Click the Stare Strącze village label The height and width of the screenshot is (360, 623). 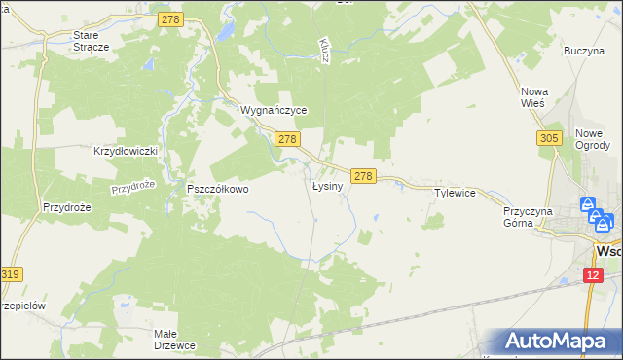tap(92, 40)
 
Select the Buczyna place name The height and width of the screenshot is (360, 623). tap(585, 50)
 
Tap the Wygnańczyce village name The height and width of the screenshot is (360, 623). tap(275, 111)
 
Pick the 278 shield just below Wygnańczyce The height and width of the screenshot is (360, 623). tap(287, 141)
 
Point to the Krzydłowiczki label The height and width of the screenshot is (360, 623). tap(125, 152)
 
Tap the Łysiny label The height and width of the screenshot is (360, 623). tap(327, 186)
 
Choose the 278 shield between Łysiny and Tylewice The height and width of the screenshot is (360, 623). tap(363, 176)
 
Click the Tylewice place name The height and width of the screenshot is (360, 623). tap(455, 193)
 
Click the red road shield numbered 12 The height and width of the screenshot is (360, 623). tap(594, 276)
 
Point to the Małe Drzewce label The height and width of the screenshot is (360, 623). tap(176, 339)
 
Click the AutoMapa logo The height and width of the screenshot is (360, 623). tap(558, 342)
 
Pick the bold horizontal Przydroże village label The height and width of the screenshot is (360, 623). tap(67, 207)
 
